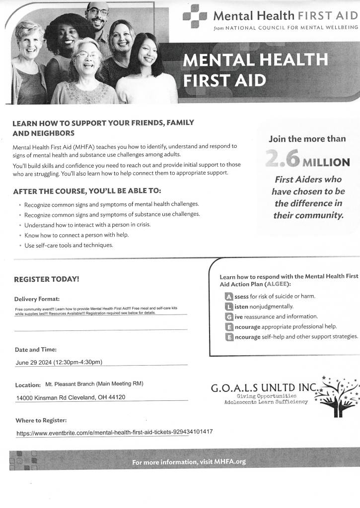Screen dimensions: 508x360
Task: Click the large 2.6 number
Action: pos(282,160)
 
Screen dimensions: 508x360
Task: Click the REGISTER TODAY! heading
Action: pos(46,279)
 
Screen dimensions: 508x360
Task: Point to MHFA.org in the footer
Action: pos(230,462)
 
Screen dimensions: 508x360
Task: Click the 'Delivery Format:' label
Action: pos(37,299)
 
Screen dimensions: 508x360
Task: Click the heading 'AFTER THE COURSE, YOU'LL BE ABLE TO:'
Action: pos(87,191)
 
